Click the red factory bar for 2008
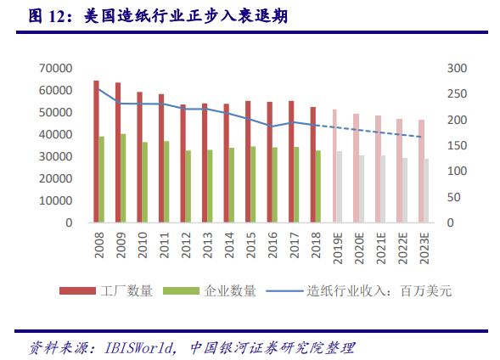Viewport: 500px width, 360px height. pyautogui.click(x=96, y=152)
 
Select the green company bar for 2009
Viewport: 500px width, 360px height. pyautogui.click(x=123, y=178)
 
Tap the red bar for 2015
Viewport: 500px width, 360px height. pyautogui.click(x=248, y=162)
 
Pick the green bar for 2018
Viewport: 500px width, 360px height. pyautogui.click(x=318, y=187)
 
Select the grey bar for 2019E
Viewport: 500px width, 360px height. pyautogui.click(x=340, y=188)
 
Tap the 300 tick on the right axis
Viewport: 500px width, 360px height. pyautogui.click(x=457, y=68)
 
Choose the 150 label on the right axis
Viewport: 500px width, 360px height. pyautogui.click(x=457, y=145)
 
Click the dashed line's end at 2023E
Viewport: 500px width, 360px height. pyautogui.click(x=420, y=137)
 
